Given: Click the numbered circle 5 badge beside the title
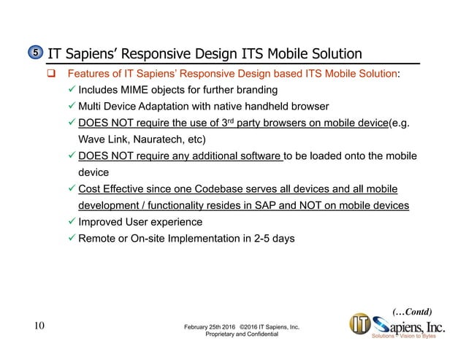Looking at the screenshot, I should pyautogui.click(x=35, y=54).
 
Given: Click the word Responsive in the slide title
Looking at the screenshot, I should pyautogui.click(x=163, y=54).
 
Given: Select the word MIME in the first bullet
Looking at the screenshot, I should pyautogui.click(x=143, y=91).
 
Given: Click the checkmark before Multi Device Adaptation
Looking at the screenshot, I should pyautogui.click(x=70, y=107).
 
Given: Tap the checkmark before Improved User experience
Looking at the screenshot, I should pyautogui.click(x=70, y=221).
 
